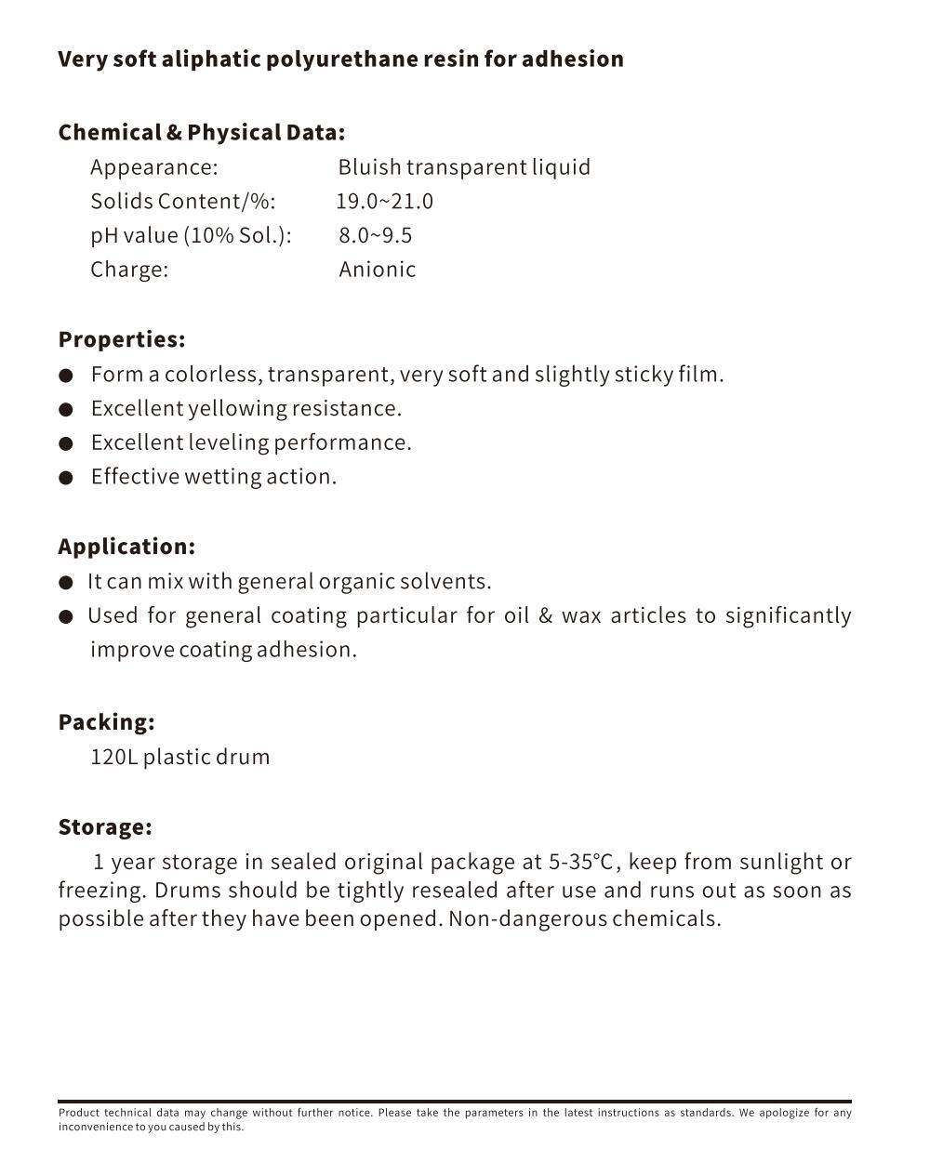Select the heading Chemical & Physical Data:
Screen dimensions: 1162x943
tap(201, 132)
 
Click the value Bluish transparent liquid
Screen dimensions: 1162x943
tap(464, 167)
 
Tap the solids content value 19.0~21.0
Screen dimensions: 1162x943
tap(384, 202)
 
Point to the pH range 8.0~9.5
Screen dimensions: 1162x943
tap(375, 235)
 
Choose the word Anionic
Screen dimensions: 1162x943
tap(377, 270)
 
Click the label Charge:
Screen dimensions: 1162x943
tap(129, 270)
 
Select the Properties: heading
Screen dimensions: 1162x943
tap(122, 339)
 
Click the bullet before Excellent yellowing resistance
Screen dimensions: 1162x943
tap(66, 409)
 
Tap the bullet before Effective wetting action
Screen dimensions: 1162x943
tap(66, 478)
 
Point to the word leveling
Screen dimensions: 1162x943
tap(226, 442)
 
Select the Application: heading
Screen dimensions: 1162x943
tap(126, 547)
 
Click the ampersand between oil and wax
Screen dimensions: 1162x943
tap(545, 616)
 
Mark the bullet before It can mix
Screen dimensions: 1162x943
tap(66, 583)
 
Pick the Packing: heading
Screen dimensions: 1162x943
tap(106, 722)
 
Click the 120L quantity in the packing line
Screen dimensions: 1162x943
tap(113, 757)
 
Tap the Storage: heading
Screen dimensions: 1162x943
tap(105, 827)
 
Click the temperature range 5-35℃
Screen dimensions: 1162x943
tap(580, 862)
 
